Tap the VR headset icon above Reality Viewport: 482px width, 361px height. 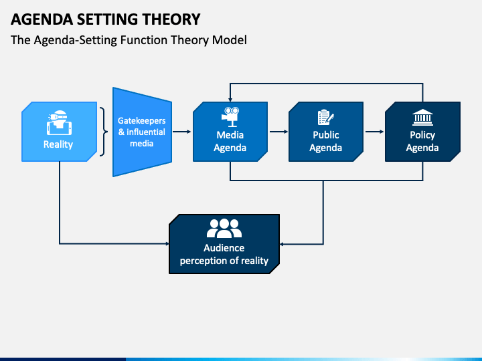59,123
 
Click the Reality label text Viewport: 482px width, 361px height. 58,144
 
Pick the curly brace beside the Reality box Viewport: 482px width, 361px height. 104,132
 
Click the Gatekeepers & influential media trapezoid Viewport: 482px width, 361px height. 142,132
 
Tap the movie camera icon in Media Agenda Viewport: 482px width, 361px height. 230,117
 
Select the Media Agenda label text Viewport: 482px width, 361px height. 230,141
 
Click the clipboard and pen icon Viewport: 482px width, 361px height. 326,117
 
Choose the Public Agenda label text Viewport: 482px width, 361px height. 326,141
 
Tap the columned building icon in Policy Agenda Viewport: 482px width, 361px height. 422,117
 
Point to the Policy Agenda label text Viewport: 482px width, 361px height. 422,141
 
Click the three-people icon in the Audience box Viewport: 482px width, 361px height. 224,229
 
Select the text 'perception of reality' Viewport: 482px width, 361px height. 224,261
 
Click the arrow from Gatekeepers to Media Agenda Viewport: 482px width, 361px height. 181,132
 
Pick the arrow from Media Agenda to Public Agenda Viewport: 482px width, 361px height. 278,132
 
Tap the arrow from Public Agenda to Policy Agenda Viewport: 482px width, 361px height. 374,132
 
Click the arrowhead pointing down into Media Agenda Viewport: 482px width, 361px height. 230,100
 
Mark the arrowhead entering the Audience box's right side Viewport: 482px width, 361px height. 282,244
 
